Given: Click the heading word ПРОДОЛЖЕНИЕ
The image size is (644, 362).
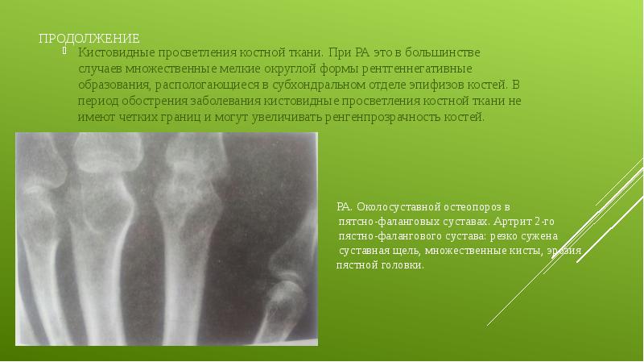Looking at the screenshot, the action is coord(89,39).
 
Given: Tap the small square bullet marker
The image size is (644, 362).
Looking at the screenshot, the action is coord(64,51).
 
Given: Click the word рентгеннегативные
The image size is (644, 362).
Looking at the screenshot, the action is coord(416,69).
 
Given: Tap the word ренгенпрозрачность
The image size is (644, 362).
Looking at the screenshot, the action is coord(383,117).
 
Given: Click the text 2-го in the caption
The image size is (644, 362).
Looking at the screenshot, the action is coord(545,222).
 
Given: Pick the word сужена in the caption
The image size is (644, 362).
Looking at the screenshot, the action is coord(539,236).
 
